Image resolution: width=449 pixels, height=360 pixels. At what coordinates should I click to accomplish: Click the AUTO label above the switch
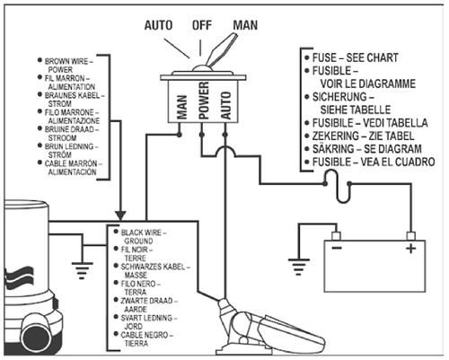pos(158,25)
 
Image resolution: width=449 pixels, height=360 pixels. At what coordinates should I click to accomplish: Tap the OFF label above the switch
pos(202,25)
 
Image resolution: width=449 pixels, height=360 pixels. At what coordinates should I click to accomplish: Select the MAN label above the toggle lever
pos(245,25)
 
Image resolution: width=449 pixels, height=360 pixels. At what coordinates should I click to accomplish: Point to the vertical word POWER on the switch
pos(204,101)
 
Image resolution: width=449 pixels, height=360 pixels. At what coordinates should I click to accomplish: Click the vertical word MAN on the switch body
pos(181,107)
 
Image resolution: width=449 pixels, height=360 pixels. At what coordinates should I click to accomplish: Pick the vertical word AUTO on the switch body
pos(225,106)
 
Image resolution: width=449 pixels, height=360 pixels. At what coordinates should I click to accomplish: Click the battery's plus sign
pos(410,249)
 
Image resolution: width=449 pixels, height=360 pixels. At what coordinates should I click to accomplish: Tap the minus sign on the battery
pos(337,248)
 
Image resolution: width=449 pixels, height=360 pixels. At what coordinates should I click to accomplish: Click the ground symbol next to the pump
pos(82,270)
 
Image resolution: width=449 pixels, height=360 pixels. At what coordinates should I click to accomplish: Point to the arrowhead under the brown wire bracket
pos(120,215)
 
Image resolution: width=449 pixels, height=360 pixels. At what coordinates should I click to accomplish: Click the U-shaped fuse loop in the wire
pos(338,187)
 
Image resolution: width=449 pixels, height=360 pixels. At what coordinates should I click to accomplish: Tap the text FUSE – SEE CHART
pos(355,57)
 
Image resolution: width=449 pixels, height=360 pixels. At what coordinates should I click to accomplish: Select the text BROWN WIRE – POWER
pos(68,66)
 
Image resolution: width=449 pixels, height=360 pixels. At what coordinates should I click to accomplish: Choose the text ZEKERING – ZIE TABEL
pos(363,136)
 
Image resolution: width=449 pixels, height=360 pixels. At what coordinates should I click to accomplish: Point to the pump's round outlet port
pos(35,338)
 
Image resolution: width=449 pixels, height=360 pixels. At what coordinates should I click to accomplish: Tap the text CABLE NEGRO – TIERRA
pos(146,339)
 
